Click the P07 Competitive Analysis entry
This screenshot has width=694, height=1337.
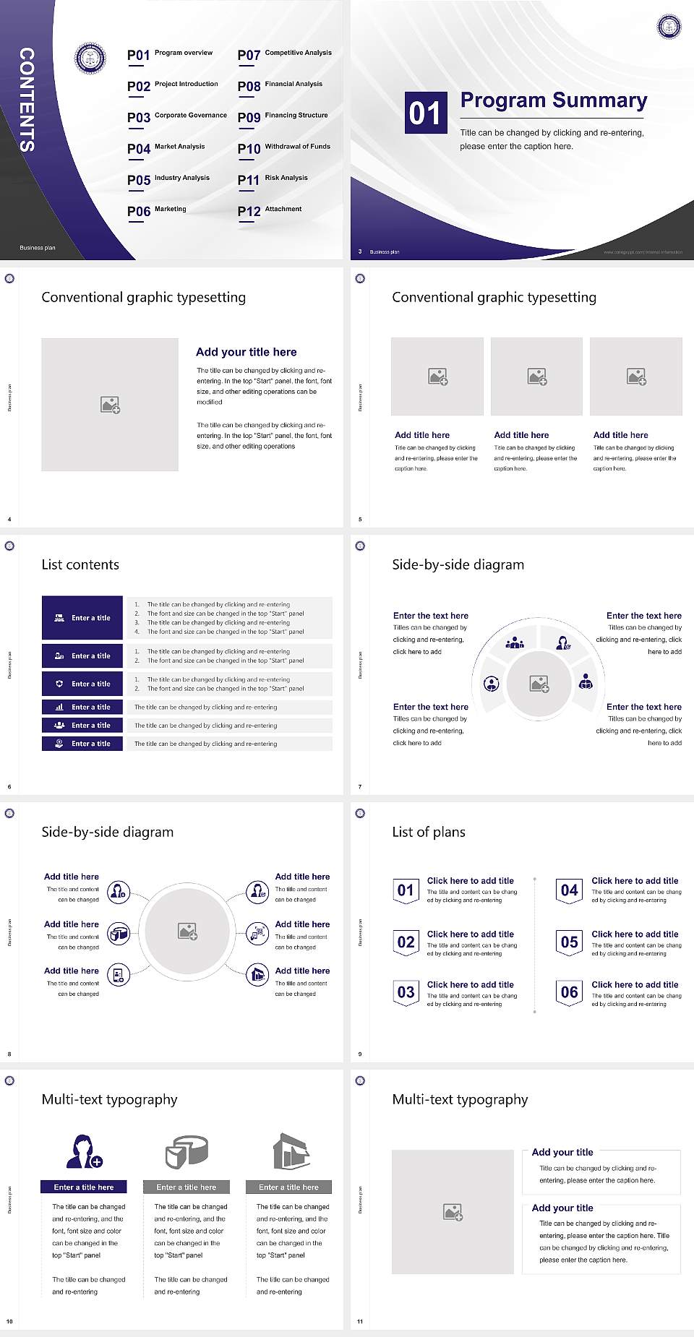tap(284, 54)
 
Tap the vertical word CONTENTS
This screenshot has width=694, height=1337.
tap(27, 100)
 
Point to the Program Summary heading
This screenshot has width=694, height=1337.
tap(553, 100)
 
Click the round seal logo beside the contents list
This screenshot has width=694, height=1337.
tap(90, 58)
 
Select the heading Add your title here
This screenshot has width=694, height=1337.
tap(246, 352)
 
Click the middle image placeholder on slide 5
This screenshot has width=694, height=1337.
tap(536, 377)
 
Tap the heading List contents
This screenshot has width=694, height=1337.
tap(80, 564)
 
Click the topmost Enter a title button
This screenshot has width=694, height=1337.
tap(82, 618)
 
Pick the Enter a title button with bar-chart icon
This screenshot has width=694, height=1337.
tap(82, 707)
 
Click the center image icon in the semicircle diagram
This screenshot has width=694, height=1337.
tap(539, 684)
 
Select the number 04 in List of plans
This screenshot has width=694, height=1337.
tap(570, 890)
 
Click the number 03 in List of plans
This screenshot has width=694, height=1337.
tap(406, 992)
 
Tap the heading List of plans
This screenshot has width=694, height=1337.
tap(429, 832)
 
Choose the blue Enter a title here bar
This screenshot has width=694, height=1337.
tap(84, 1187)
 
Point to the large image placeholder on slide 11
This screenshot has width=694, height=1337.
tap(453, 1212)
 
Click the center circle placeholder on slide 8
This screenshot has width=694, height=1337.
tap(187, 931)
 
